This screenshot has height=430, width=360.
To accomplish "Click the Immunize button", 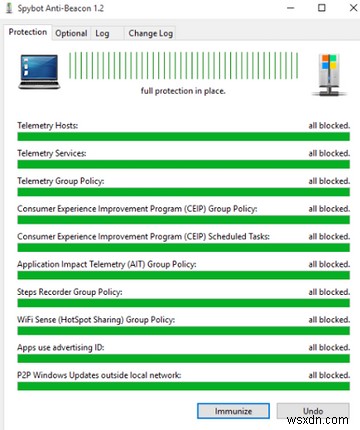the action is point(233,410).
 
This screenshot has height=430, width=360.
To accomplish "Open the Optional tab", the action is point(71,32).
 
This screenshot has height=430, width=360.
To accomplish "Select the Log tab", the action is point(103,32).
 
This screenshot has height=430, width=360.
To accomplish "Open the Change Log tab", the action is point(150,32).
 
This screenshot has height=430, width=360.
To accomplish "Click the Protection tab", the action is point(28,32).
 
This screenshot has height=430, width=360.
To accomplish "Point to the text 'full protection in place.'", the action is point(182,90).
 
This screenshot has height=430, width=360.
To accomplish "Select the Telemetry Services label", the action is point(52,153).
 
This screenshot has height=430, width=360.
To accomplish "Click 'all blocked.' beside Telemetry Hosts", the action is point(327,126).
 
